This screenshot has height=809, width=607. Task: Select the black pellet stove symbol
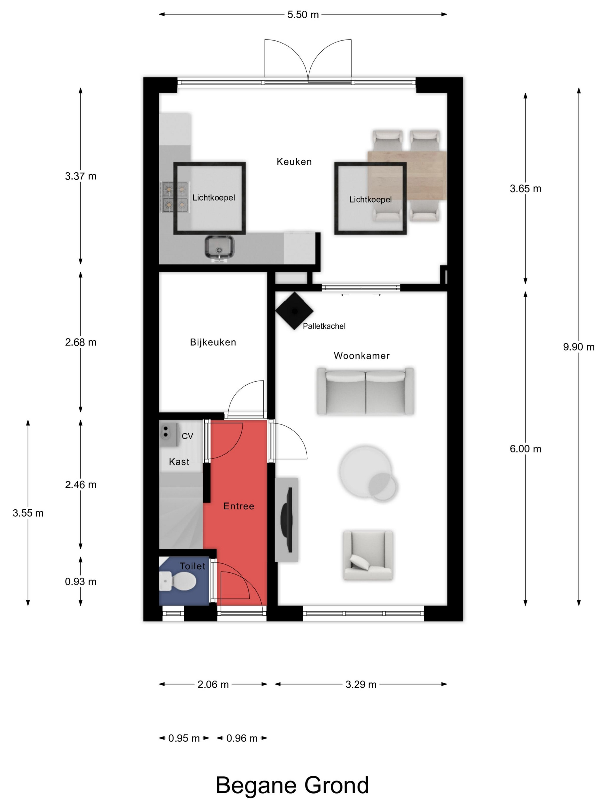(x=294, y=311)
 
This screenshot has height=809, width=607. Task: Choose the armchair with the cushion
(x=368, y=556)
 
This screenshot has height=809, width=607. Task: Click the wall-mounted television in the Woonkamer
(x=286, y=519)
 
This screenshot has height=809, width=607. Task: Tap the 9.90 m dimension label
(x=578, y=347)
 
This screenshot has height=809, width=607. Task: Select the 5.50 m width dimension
(x=303, y=15)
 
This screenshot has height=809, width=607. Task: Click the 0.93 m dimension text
(x=80, y=582)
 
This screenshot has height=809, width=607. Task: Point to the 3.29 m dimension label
(x=361, y=684)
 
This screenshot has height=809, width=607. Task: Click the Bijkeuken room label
(x=213, y=342)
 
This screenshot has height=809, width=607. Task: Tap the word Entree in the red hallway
(x=238, y=506)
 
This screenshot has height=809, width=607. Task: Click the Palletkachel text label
(x=324, y=326)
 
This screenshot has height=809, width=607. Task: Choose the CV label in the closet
(x=187, y=436)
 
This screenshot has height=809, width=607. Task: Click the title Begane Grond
(x=292, y=785)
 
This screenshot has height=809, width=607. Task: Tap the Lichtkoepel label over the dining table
(x=370, y=200)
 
